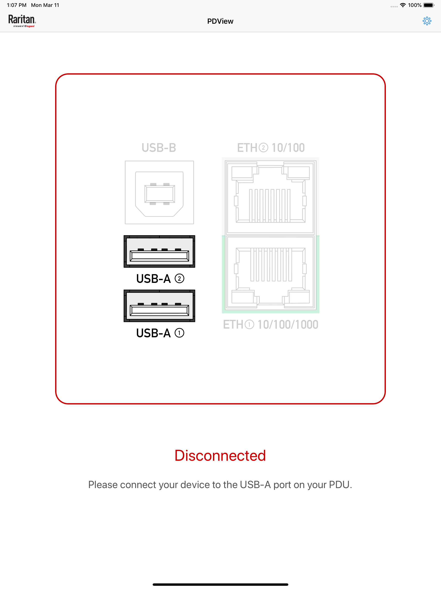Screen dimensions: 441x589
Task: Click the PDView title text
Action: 220,21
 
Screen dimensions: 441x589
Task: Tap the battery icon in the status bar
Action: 429,5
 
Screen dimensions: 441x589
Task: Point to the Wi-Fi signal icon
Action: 403,5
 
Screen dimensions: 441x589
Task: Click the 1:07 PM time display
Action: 17,5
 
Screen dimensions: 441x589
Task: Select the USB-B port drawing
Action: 159,192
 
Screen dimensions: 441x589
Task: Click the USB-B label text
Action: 159,148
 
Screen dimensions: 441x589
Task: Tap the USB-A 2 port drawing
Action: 159,251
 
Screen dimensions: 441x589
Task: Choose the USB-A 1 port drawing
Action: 159,306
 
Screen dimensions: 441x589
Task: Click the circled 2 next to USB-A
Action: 180,279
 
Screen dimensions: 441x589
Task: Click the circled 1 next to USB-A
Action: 180,333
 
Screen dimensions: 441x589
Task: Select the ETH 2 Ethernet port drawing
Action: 270,196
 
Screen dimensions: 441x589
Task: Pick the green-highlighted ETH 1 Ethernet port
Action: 270,274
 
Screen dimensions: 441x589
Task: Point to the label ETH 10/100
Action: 271,148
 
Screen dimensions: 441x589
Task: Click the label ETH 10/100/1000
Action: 270,325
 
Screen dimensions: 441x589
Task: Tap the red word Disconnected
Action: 220,455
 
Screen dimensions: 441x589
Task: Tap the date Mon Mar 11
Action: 45,5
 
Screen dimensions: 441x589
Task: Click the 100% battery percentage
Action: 415,5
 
